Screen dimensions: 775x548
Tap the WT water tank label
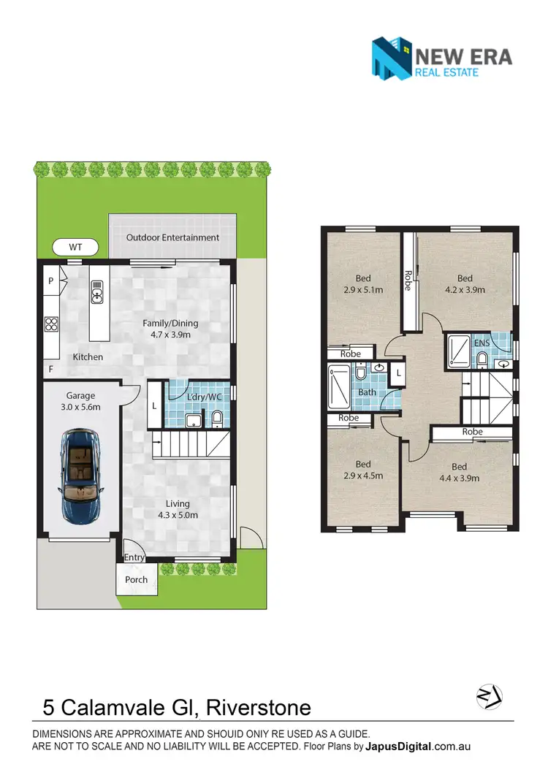(75, 248)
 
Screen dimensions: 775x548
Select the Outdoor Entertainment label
(172, 237)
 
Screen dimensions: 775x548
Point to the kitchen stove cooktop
(52, 324)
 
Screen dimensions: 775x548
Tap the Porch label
(136, 580)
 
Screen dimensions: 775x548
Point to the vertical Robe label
(408, 280)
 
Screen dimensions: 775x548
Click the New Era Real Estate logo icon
(392, 59)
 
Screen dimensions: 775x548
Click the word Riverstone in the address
(259, 708)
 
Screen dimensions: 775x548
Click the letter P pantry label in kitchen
(51, 280)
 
